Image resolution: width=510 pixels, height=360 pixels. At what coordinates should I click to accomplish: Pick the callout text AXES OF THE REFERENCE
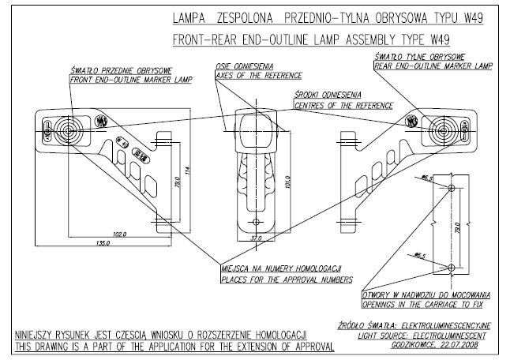[249, 75]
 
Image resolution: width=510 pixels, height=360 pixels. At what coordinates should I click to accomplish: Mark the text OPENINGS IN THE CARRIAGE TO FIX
[428, 302]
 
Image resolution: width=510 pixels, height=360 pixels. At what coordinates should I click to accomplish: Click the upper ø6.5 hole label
[427, 179]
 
